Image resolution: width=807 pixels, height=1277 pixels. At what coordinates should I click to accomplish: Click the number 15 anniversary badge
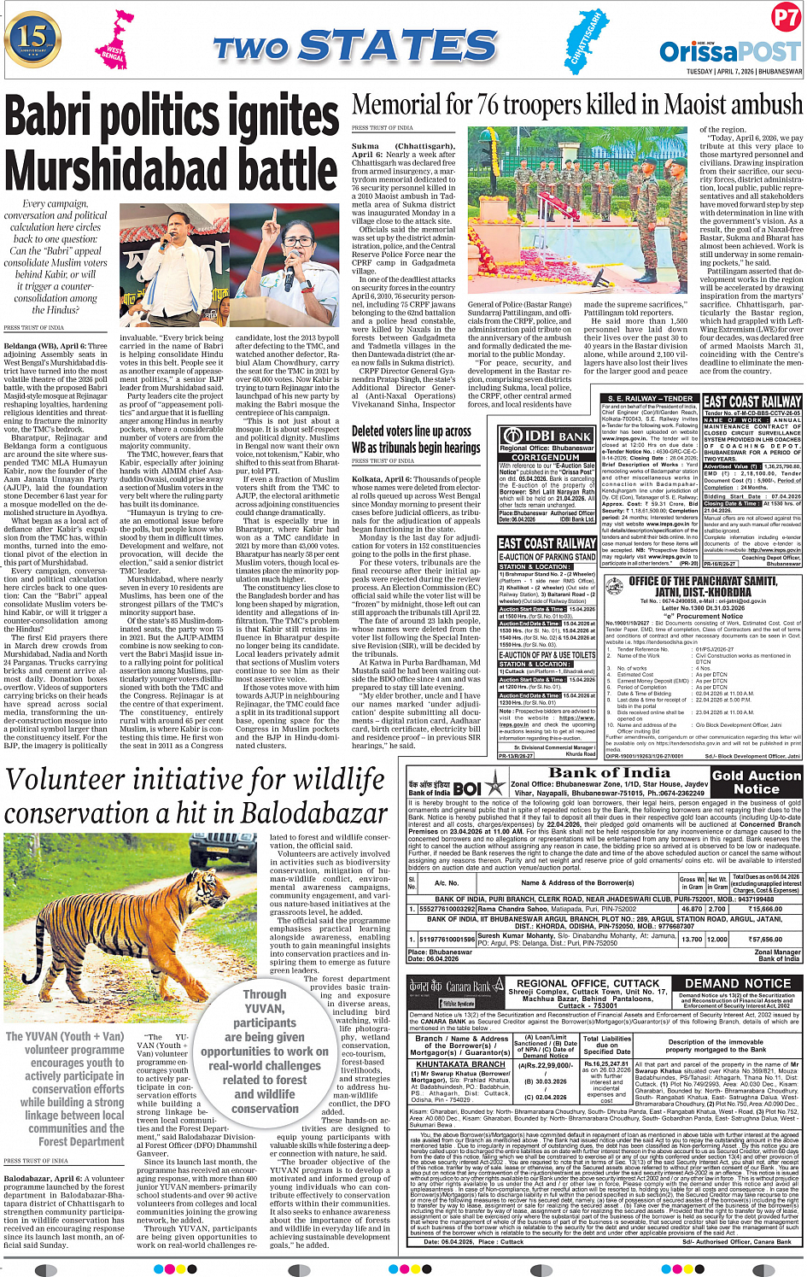pyautogui.click(x=32, y=38)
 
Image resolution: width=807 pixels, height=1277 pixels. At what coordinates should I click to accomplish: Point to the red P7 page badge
pyautogui.click(x=785, y=18)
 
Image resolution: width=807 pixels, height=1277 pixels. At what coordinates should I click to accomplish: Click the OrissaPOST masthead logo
pyautogui.click(x=730, y=52)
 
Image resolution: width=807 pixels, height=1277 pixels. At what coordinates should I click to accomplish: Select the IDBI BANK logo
pyautogui.click(x=547, y=436)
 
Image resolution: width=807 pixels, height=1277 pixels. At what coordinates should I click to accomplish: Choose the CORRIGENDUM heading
pyautogui.click(x=547, y=457)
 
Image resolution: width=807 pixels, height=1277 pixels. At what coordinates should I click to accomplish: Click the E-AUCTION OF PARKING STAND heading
pyautogui.click(x=547, y=557)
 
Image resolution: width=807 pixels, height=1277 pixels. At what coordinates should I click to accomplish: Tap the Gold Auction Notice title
pyautogui.click(x=757, y=782)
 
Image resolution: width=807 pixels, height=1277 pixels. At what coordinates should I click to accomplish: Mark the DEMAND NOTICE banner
pyautogui.click(x=738, y=983)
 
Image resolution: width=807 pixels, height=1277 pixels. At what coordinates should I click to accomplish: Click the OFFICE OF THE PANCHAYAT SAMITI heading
pyautogui.click(x=703, y=581)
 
